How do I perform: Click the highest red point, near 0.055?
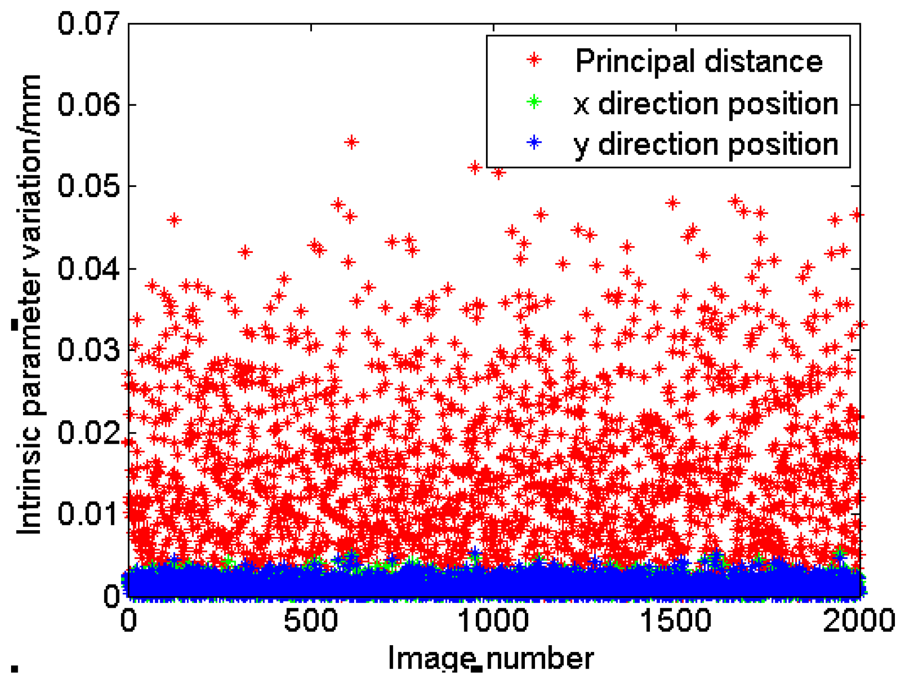point(352,142)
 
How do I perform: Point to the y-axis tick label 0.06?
point(88,104)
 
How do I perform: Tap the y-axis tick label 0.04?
point(88,268)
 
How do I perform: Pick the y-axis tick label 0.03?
point(88,350)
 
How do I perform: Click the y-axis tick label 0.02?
point(88,432)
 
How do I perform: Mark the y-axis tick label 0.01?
point(88,513)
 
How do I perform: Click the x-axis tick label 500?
point(310,620)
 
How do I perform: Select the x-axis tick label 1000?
point(493,620)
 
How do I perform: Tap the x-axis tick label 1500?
point(676,620)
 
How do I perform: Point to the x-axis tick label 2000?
point(858,620)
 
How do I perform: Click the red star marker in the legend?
point(534,60)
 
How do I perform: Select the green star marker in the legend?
point(534,102)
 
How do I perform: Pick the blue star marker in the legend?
point(534,143)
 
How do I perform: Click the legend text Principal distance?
point(699,62)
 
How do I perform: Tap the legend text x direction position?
point(706,103)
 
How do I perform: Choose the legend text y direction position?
point(706,145)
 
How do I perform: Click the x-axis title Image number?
point(491,659)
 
